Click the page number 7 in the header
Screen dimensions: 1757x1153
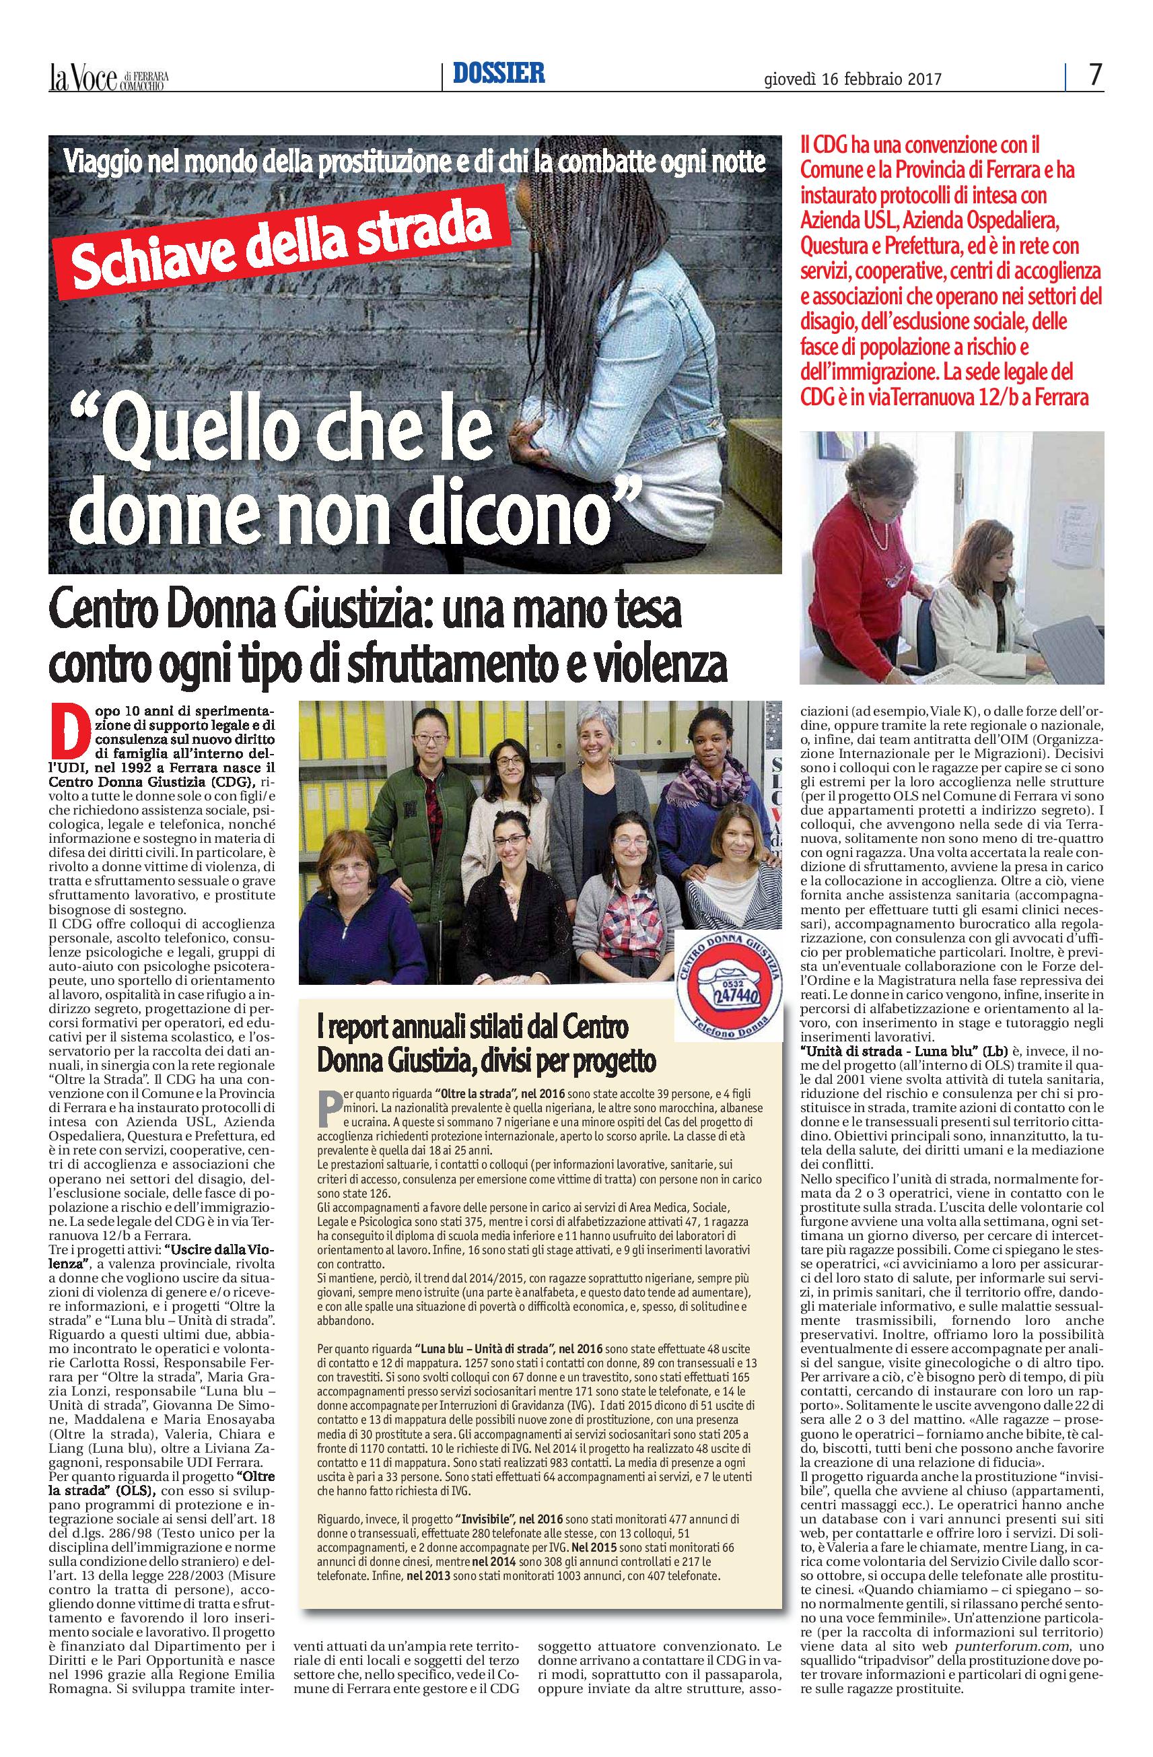point(1094,75)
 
